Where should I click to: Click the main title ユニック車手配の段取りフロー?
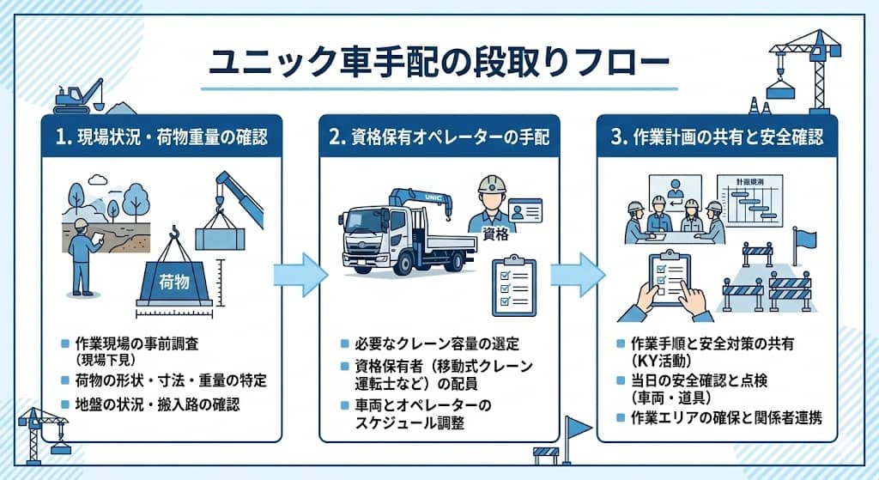tap(439, 64)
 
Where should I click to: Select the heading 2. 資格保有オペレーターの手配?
tap(439, 136)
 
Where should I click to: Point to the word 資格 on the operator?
tap(495, 233)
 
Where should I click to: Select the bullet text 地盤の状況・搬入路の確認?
tap(156, 404)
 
